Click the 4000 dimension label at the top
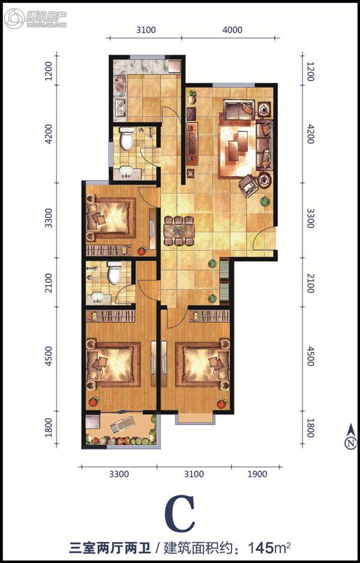(x=232, y=30)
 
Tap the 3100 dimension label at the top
(x=146, y=30)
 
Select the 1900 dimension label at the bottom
(x=257, y=474)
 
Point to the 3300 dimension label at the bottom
(x=119, y=474)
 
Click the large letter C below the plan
(x=180, y=514)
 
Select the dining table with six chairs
(x=178, y=231)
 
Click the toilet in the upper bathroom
(x=127, y=139)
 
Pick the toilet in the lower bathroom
(x=115, y=272)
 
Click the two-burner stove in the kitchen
(x=120, y=107)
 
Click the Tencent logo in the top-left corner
(x=35, y=17)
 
